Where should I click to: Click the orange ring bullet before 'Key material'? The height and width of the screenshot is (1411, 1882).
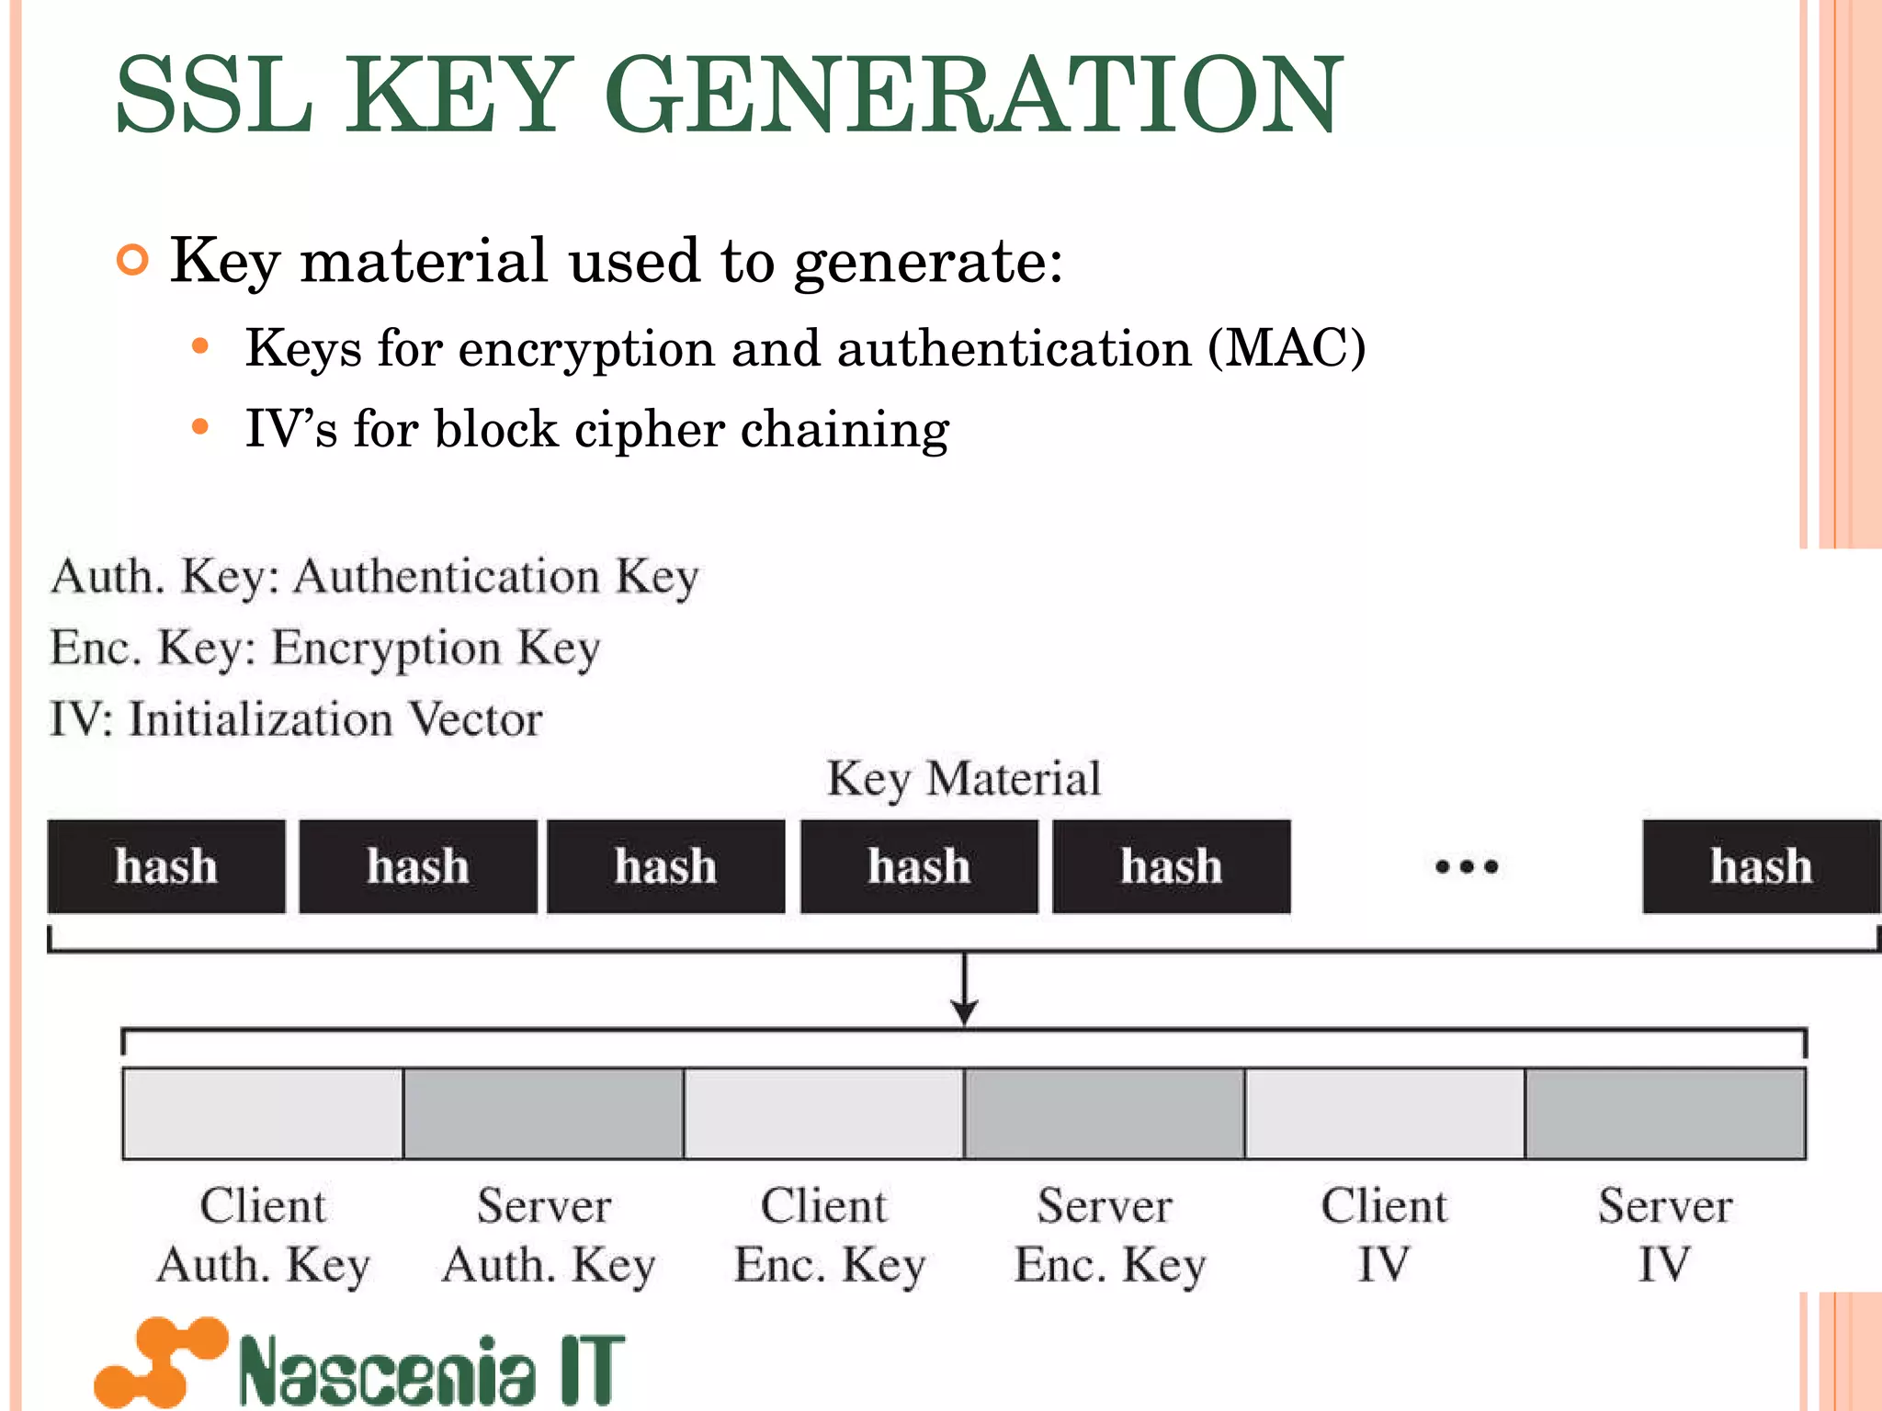133,261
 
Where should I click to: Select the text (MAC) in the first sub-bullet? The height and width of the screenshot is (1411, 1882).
1287,349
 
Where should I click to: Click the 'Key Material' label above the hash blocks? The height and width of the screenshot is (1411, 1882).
963,779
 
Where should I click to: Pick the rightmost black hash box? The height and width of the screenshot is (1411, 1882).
1761,866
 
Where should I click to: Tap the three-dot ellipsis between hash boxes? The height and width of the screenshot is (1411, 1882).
1467,866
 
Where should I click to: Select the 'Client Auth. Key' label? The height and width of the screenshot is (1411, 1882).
263,1236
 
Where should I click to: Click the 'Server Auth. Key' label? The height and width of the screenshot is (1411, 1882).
548,1236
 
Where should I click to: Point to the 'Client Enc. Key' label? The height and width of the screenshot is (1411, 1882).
828,1236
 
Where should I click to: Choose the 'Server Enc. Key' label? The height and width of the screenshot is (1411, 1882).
1109,1236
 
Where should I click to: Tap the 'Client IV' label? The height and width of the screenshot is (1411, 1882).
1384,1236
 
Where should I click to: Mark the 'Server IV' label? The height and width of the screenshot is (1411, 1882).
1664,1236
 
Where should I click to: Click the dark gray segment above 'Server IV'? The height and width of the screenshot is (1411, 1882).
1665,1113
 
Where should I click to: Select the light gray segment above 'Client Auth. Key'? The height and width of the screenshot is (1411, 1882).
263,1113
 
